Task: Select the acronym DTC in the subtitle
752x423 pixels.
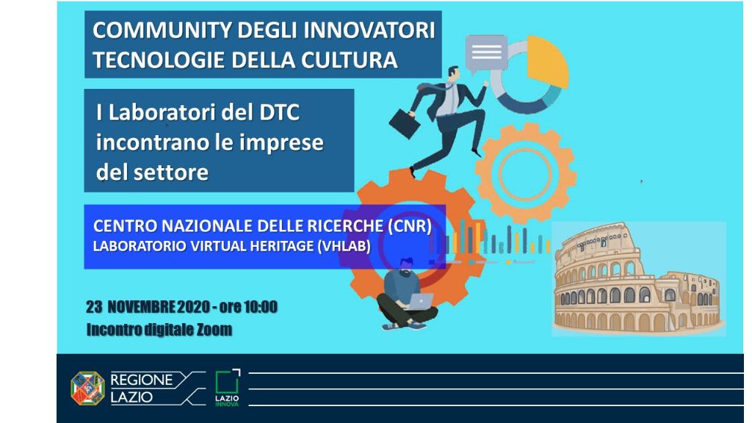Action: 279,112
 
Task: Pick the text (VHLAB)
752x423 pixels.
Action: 344,246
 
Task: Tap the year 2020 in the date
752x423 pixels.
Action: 193,307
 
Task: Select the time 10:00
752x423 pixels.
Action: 261,307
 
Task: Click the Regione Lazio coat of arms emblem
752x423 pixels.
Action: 88,388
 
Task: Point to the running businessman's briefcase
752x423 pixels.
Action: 405,123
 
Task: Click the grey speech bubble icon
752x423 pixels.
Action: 486,53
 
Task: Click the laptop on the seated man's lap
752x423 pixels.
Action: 421,301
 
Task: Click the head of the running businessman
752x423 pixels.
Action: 452,74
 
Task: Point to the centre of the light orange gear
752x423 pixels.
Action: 526,173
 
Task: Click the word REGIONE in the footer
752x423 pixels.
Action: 142,380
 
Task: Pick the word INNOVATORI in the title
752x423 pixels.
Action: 369,30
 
